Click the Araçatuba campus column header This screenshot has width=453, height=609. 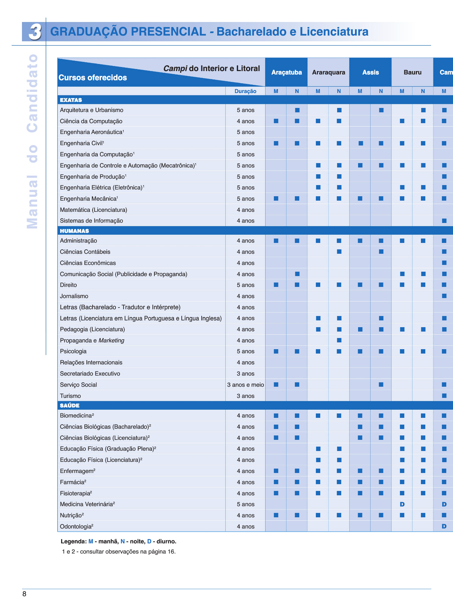point(286,72)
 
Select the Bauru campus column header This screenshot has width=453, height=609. point(412,72)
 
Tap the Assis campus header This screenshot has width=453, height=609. point(371,72)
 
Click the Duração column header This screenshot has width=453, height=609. point(245,91)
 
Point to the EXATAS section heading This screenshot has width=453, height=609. point(71,100)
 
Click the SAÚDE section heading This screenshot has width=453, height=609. point(70,406)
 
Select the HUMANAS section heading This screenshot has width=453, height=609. point(74,231)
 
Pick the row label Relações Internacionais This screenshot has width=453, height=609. point(91,363)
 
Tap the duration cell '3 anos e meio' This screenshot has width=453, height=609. point(246,385)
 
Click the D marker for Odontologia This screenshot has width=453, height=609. point(444,526)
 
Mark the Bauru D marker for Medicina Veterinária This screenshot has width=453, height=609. point(402,504)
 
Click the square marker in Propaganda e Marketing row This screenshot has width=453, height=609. point(339,340)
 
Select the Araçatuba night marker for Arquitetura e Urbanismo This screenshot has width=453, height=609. point(297,110)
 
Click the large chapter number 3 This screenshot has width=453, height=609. point(34,32)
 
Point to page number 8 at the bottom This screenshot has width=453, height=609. point(24,594)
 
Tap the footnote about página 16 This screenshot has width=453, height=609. point(119,552)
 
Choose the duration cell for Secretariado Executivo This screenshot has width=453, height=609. point(246,374)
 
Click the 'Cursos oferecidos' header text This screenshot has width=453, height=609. point(93,78)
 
